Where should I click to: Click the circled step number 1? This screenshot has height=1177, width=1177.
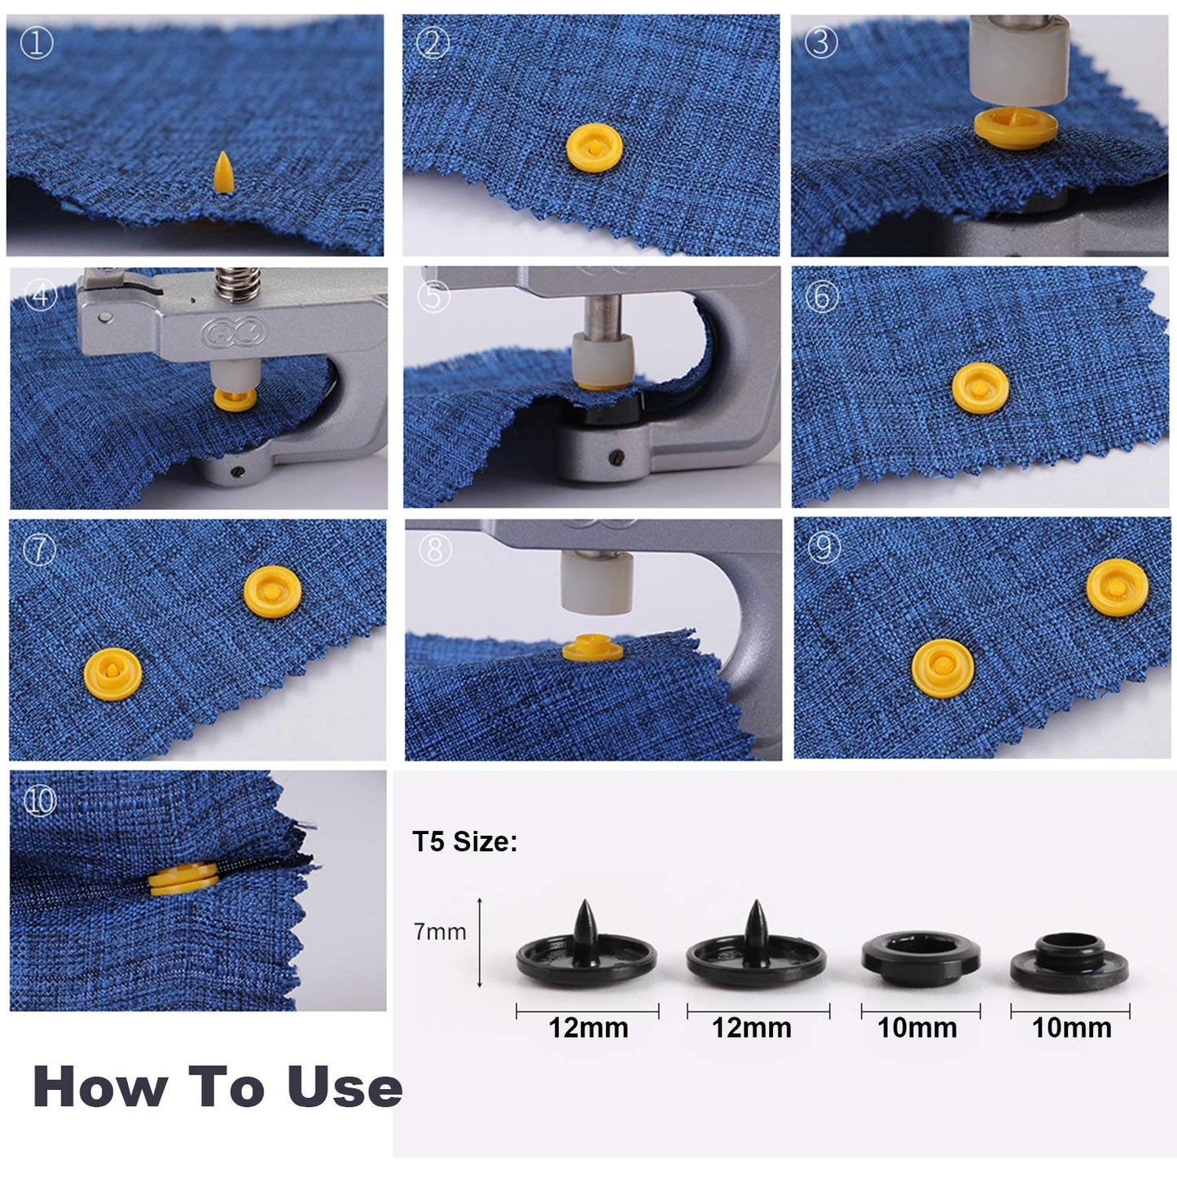tap(36, 43)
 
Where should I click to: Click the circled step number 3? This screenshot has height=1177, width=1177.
tap(820, 42)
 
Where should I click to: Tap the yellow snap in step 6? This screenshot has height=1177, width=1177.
tap(980, 387)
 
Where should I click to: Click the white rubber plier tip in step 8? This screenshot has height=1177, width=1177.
tap(597, 581)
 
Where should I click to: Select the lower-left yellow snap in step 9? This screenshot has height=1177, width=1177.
tap(942, 666)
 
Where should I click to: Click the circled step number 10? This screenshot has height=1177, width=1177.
tap(39, 802)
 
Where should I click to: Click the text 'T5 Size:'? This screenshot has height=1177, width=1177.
tap(464, 841)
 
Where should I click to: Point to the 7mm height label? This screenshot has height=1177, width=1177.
tap(440, 931)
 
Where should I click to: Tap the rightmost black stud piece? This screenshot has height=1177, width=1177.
tap(1069, 960)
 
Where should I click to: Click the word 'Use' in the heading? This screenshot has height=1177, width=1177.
tap(345, 1087)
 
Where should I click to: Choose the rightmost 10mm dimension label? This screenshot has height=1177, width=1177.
tap(1071, 1028)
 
